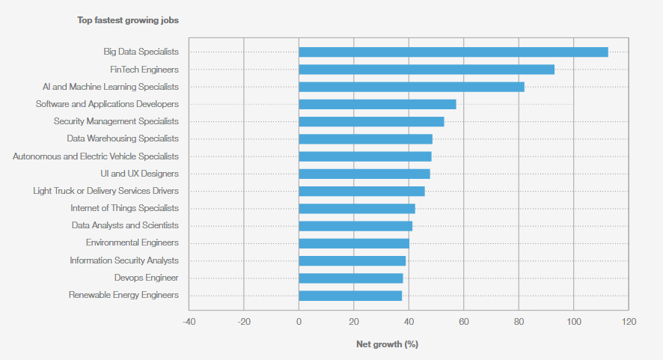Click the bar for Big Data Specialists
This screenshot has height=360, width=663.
pos(453,52)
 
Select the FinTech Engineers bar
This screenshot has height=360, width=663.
pos(427,70)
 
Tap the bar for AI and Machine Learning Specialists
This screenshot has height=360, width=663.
pos(412,87)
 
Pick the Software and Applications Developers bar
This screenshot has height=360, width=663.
pos(377,104)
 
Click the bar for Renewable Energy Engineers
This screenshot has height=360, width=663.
pos(350,296)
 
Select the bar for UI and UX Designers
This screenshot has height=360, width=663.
pos(364,174)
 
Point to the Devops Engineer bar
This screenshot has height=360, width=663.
pos(351,278)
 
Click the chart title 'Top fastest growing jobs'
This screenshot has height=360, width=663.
pos(128,20)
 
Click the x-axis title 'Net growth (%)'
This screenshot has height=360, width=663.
pos(387,344)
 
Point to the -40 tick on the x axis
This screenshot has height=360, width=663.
pos(189,322)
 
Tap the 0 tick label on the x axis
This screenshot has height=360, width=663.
pos(299,322)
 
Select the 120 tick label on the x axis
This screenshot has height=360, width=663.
pos(628,322)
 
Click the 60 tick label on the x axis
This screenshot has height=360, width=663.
pos(463,322)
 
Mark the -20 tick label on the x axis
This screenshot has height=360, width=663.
pos(243,322)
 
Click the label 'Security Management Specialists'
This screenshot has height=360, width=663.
pos(116,121)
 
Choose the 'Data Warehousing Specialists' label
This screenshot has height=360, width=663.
pos(123,138)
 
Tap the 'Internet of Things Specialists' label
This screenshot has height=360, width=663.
pos(125,208)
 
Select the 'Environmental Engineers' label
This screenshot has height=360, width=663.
pos(132,242)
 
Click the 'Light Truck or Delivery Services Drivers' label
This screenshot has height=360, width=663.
pos(106,191)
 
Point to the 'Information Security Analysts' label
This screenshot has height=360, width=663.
pos(124,260)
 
